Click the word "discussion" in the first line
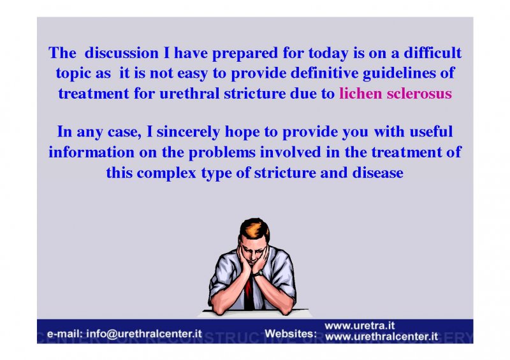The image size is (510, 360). pos(122,53)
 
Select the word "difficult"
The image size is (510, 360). pos(432,53)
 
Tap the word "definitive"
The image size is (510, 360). pos(324,73)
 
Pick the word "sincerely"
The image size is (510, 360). pos(188,133)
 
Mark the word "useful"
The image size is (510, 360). pos(431,132)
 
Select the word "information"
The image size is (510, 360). pos(91,152)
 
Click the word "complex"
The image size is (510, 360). pos(166,173)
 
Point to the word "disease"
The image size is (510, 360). pos(377,173)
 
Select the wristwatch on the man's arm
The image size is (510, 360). pos(258,273)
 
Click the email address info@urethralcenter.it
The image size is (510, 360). pos(144,334)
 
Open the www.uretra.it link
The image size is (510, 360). pos(360,326)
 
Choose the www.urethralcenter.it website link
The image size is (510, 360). pos(381,336)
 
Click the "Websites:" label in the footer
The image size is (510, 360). pos(291,334)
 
